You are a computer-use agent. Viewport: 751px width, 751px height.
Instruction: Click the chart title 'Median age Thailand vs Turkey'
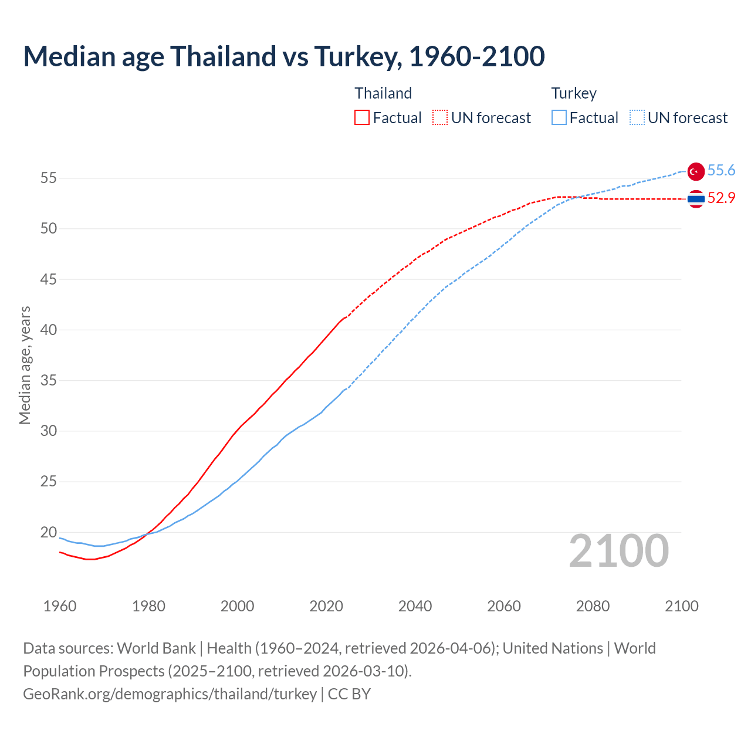(x=284, y=56)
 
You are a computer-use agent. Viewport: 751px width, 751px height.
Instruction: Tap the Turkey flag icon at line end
(x=695, y=171)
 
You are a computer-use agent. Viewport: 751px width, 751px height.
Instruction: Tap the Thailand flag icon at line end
(x=695, y=199)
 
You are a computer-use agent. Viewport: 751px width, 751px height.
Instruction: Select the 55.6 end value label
(x=721, y=171)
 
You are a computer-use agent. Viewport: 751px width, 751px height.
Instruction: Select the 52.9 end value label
(x=721, y=198)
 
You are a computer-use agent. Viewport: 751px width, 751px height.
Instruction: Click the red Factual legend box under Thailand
(x=362, y=118)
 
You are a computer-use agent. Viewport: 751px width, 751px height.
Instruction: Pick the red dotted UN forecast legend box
(x=440, y=118)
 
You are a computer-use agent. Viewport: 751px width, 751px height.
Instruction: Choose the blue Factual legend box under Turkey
(x=559, y=118)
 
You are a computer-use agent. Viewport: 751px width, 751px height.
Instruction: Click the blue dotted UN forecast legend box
(x=637, y=118)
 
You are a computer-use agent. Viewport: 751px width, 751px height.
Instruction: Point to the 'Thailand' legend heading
(x=383, y=93)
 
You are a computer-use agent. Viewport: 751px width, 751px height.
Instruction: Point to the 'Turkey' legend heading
(x=573, y=93)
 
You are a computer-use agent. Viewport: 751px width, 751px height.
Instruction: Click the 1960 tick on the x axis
(x=60, y=606)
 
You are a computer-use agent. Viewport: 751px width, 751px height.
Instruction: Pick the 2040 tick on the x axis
(x=415, y=606)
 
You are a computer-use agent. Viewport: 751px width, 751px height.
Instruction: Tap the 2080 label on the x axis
(x=593, y=606)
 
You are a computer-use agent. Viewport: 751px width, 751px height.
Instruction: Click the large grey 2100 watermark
(x=618, y=551)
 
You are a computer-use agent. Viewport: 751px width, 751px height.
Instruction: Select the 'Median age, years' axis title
(x=25, y=365)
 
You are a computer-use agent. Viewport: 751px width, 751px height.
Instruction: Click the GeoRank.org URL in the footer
(x=170, y=694)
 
